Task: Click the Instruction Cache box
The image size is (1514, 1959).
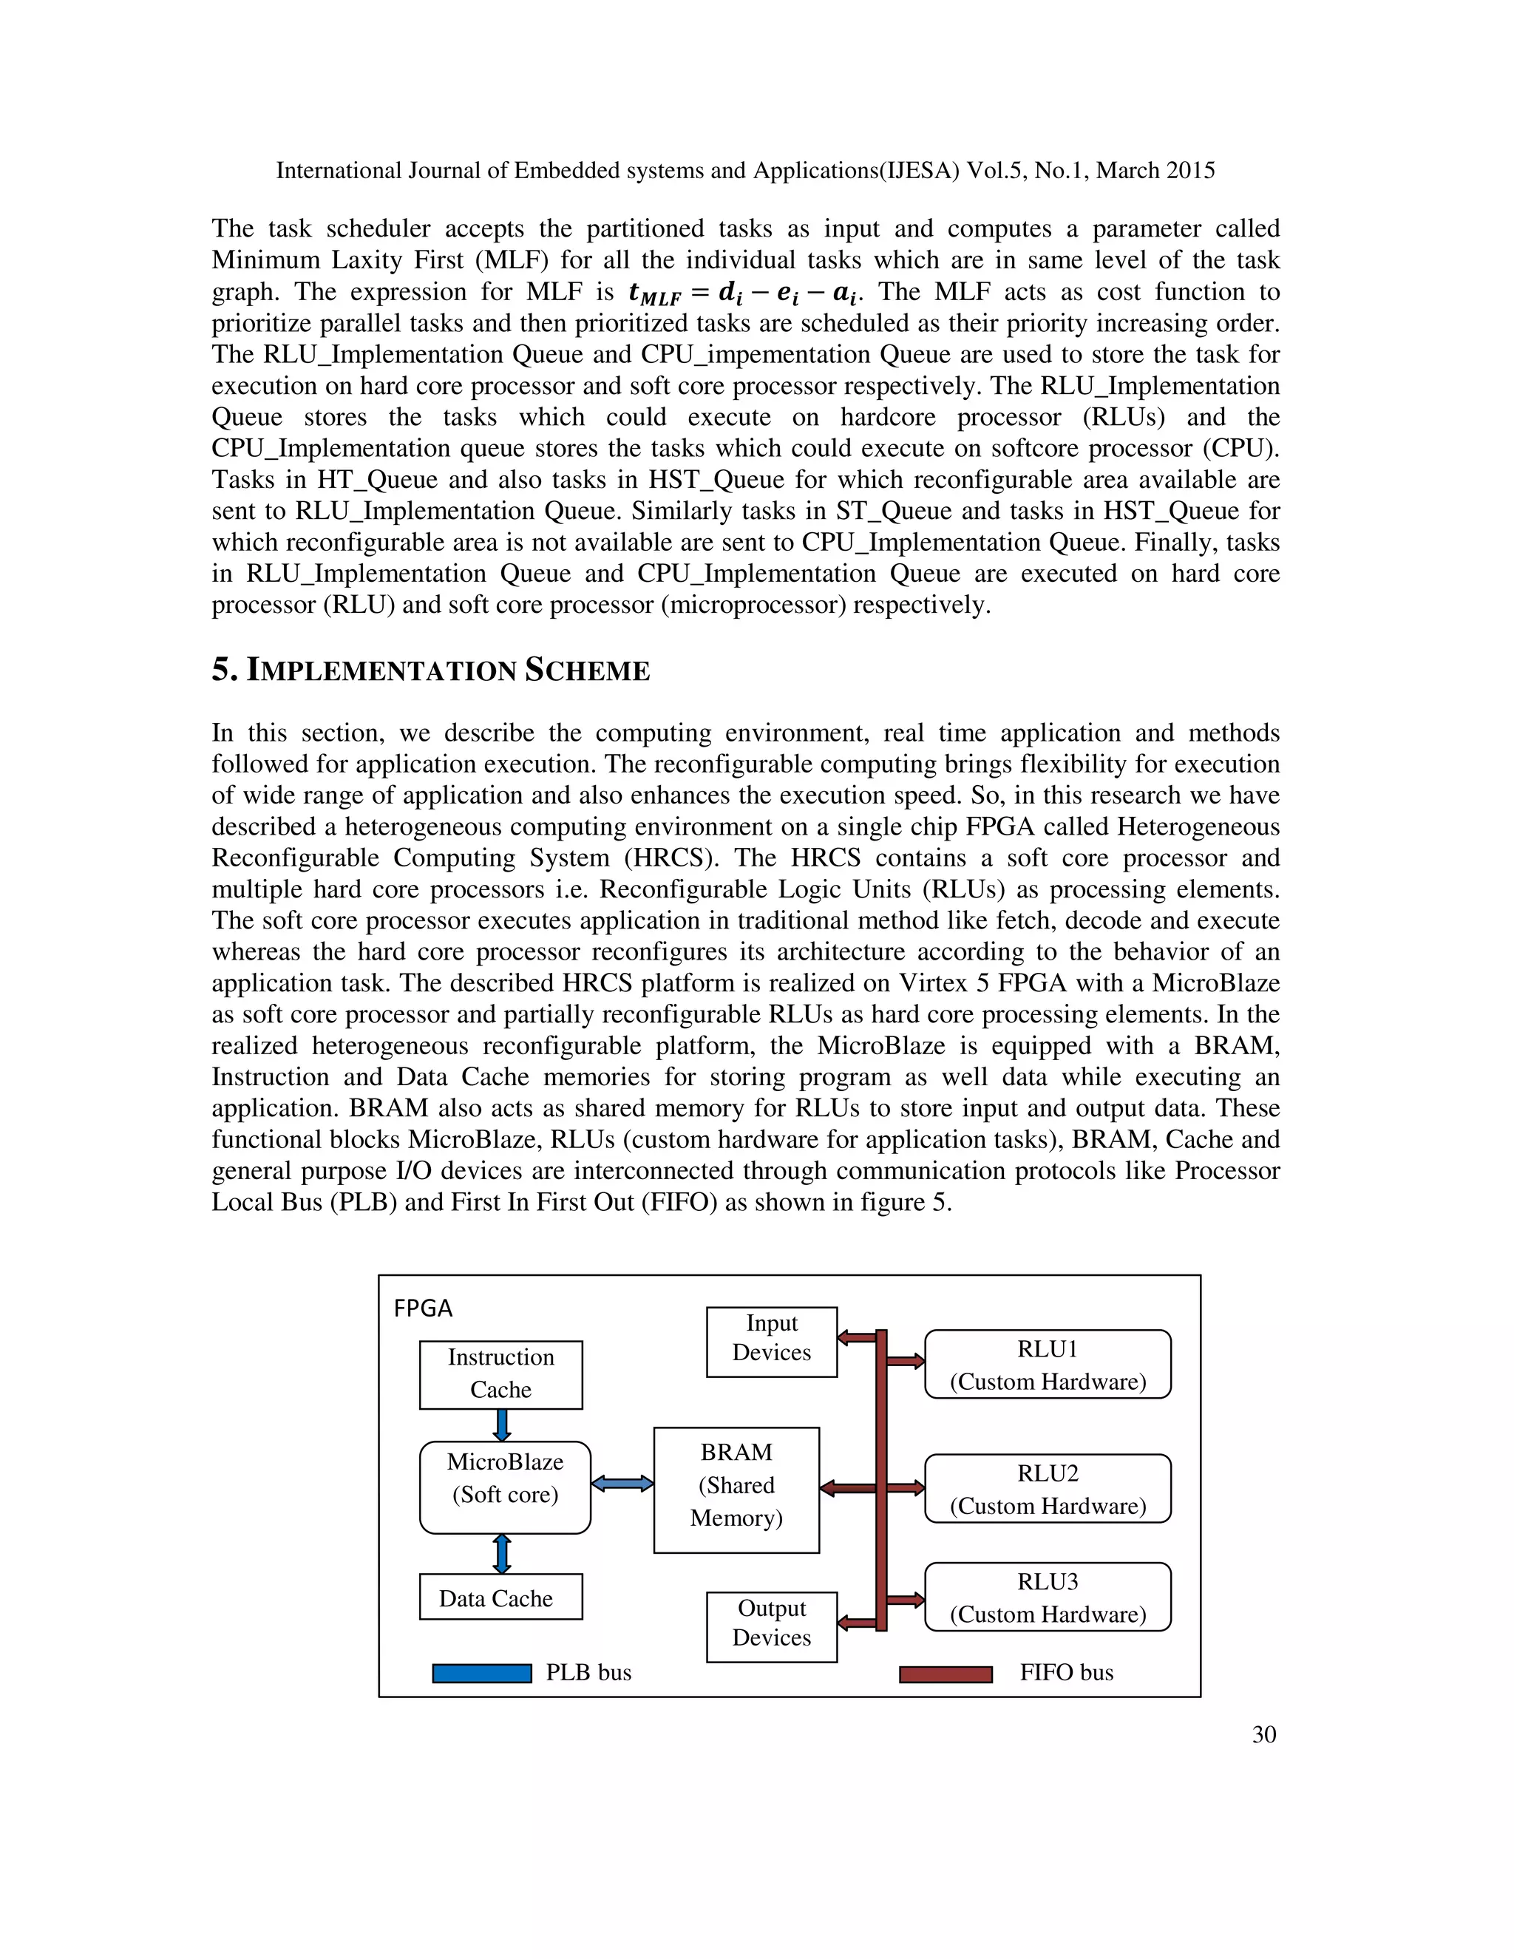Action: click(x=500, y=1374)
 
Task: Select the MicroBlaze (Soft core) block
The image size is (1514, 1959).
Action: click(x=505, y=1487)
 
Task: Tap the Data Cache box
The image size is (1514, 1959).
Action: click(x=500, y=1598)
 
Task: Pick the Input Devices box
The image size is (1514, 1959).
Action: click(x=771, y=1342)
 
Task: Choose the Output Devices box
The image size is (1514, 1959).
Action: click(x=771, y=1627)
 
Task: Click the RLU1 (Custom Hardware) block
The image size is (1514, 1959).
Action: click(x=1048, y=1365)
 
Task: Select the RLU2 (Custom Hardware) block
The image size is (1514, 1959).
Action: click(x=1048, y=1489)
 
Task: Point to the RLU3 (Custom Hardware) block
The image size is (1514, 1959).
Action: click(x=1048, y=1598)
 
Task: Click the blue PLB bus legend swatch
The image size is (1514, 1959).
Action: click(x=482, y=1674)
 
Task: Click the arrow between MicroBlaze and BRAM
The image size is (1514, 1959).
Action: click(x=622, y=1484)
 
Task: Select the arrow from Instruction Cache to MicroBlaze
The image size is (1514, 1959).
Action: click(x=502, y=1425)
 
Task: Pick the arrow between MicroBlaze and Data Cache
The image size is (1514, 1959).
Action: click(x=502, y=1554)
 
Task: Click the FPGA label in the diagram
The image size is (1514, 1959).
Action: click(x=424, y=1308)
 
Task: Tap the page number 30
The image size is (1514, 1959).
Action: click(x=1263, y=1735)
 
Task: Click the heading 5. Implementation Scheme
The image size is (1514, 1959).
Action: click(x=430, y=670)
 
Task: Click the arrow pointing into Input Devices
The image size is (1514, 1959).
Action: click(x=857, y=1337)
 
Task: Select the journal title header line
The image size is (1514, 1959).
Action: click(x=744, y=171)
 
